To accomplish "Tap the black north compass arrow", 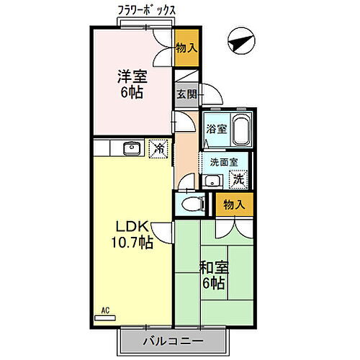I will (x=240, y=42).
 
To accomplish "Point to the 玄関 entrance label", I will (x=185, y=94).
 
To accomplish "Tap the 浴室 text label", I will (x=214, y=130).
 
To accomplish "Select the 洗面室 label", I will (x=223, y=162).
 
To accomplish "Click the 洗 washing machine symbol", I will (x=236, y=179).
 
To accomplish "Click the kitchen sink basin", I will (x=131, y=148).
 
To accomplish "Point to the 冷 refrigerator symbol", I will (x=158, y=149).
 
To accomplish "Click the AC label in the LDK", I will (x=105, y=310).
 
